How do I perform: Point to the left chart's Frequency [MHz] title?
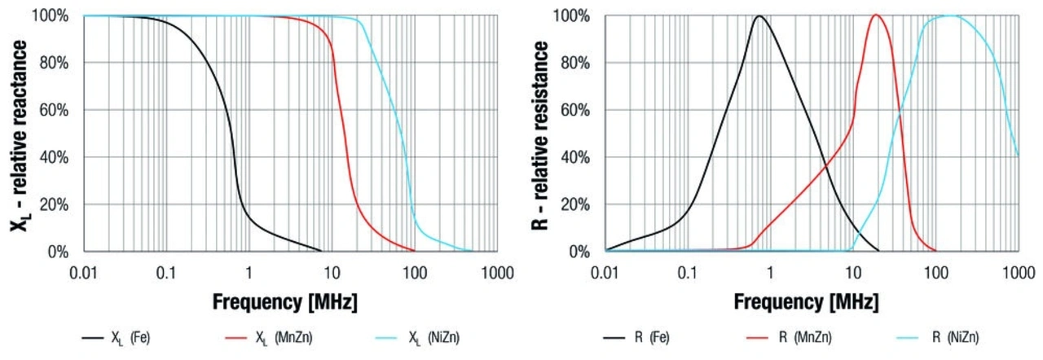point(285,302)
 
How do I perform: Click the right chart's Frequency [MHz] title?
point(807,302)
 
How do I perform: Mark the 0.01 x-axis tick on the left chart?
point(84,270)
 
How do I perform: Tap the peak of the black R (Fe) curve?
point(759,16)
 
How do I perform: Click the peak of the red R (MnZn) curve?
point(876,15)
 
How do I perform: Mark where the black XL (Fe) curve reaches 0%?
point(321,250)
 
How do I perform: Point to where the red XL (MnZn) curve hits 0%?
point(414,250)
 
